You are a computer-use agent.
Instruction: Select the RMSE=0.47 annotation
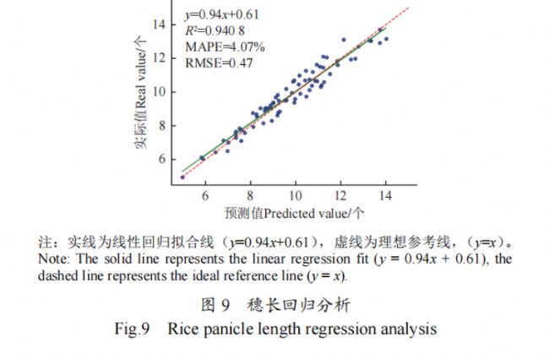(x=218, y=62)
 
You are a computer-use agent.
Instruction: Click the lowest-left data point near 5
(x=182, y=177)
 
